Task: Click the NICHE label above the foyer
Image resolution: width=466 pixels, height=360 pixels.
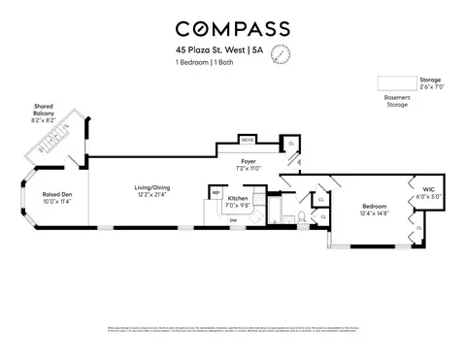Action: coord(247,140)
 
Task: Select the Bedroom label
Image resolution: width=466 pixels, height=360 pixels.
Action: coord(375,206)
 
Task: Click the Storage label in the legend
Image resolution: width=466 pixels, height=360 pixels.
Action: coord(430,82)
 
